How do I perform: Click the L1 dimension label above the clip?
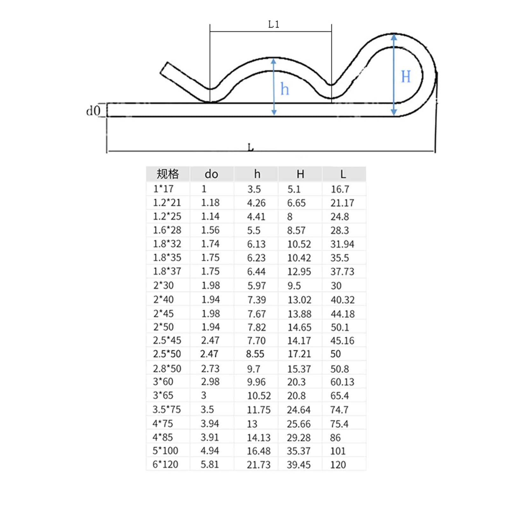[x=274, y=24]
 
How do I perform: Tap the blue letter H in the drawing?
[x=406, y=77]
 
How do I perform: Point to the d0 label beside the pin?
[x=93, y=111]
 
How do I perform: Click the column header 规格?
[x=168, y=174]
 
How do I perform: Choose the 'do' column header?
[x=211, y=174]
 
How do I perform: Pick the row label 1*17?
[x=163, y=189]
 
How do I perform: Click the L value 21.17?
[x=342, y=203]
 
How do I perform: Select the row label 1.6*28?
[x=167, y=230]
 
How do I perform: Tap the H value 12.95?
[x=299, y=271]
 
